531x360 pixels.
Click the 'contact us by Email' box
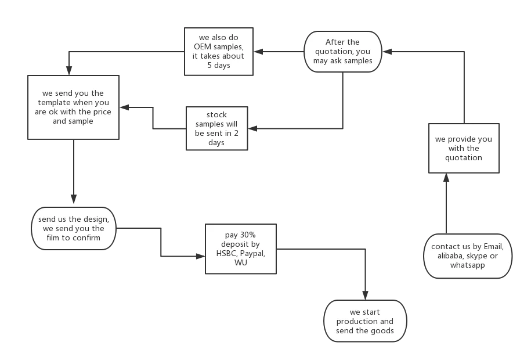point(468,255)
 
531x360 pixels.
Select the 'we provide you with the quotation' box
point(463,148)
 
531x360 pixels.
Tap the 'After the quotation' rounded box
point(342,52)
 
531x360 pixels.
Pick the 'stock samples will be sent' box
point(216,128)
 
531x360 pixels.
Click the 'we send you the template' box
point(73,107)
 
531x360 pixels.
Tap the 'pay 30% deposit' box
point(241,249)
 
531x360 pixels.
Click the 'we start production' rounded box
point(365,321)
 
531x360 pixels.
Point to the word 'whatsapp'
point(468,265)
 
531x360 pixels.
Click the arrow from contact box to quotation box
point(447,203)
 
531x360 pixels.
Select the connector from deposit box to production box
point(325,249)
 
